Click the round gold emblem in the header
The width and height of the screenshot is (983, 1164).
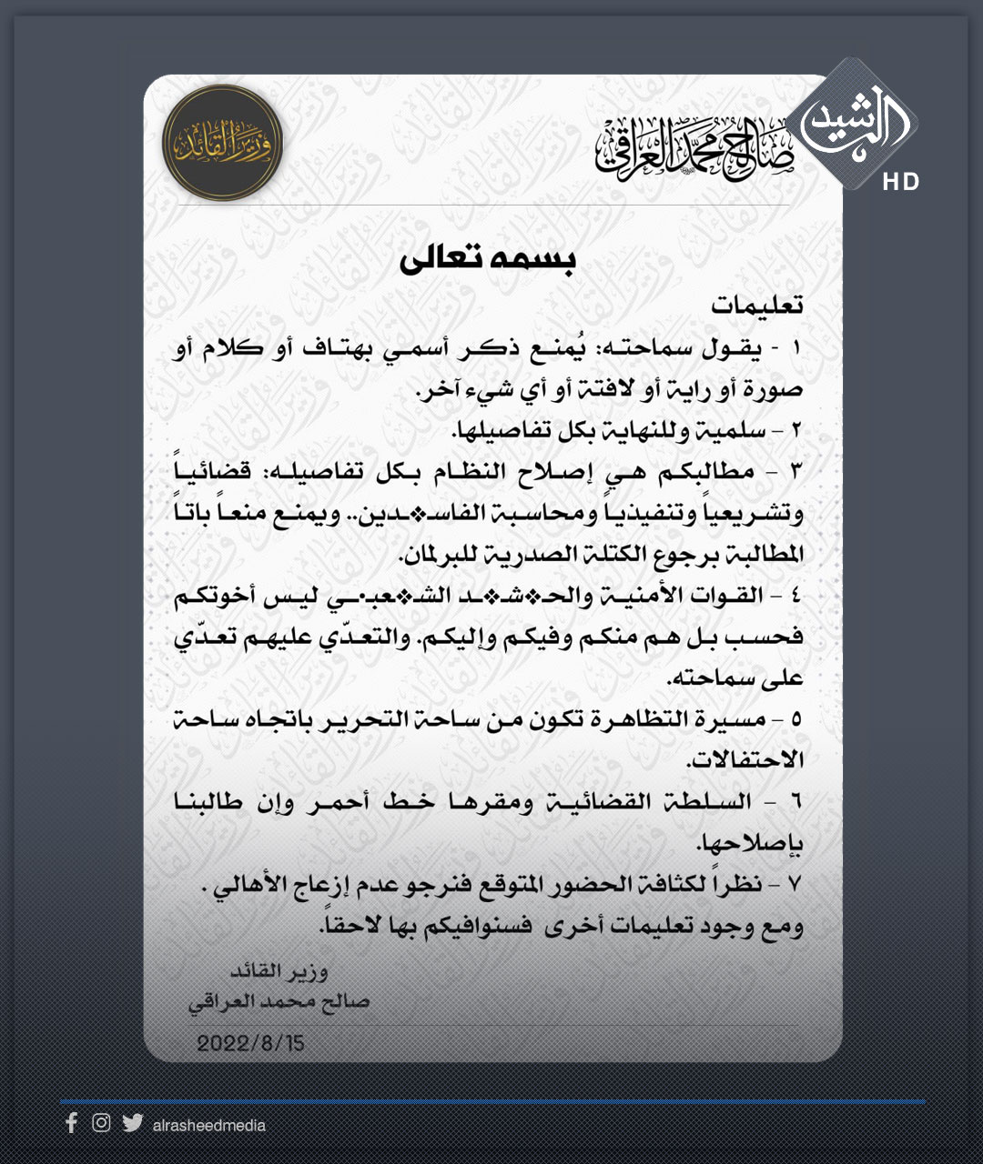[x=222, y=143]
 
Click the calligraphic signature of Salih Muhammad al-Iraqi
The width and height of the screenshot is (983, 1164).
[x=694, y=148]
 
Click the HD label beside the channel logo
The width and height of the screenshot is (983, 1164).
[x=900, y=183]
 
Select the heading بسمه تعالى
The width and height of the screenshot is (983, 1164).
[x=488, y=259]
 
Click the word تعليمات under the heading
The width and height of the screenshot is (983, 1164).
[x=757, y=306]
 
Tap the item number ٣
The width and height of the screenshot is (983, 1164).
[x=796, y=472]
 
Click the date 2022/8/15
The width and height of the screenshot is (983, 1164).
[x=250, y=1043]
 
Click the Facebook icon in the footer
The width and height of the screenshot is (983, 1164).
[x=71, y=1123]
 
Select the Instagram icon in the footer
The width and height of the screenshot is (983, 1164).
[x=101, y=1123]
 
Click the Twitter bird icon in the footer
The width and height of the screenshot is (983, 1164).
[x=133, y=1123]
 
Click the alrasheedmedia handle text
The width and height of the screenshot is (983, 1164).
[x=209, y=1126]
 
